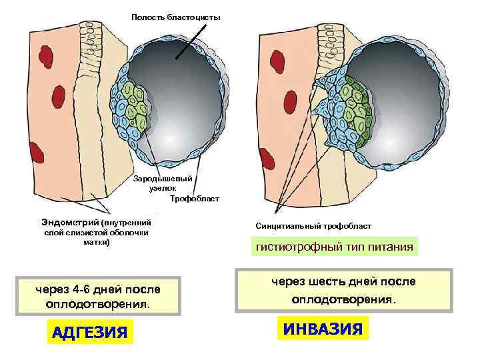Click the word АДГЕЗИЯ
coord(90,331)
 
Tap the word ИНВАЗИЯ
coord(322,328)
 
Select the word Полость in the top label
coord(147,17)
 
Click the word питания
coord(389,247)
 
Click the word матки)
coord(97,242)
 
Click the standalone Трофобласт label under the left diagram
coord(194,199)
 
